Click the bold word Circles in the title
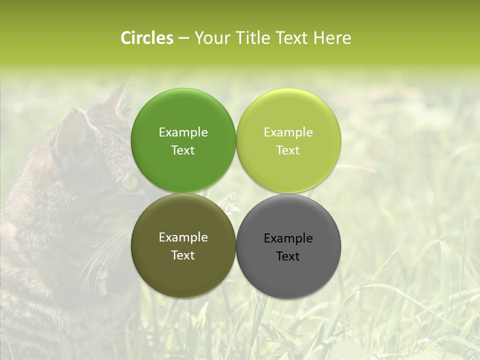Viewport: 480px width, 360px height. click(146, 38)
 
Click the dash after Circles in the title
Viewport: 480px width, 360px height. click(183, 38)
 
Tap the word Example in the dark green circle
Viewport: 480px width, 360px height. click(183, 132)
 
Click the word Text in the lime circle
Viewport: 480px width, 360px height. click(288, 150)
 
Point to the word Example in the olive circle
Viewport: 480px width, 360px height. click(183, 237)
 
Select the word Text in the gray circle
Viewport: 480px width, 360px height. click(288, 256)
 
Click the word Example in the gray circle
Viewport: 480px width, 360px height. click(288, 238)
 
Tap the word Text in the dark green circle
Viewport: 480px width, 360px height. click(183, 150)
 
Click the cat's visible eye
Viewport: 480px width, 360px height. click(129, 183)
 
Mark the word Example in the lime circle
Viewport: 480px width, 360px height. click(288, 132)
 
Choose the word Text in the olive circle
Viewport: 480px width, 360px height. click(183, 255)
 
